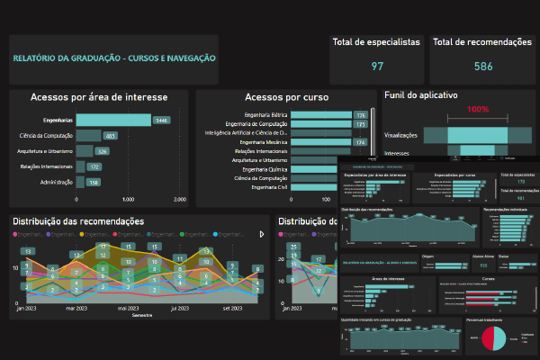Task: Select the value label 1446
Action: click(x=162, y=120)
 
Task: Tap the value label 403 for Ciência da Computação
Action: click(x=110, y=136)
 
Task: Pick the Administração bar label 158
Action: click(x=94, y=182)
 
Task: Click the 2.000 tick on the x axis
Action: click(x=180, y=199)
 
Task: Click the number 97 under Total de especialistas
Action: click(x=377, y=66)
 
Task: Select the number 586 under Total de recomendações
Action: click(x=483, y=66)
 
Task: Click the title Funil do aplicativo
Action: click(x=421, y=94)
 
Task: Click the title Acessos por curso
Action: click(x=286, y=97)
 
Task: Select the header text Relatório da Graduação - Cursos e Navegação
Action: click(x=113, y=58)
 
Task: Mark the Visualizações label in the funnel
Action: click(x=400, y=135)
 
